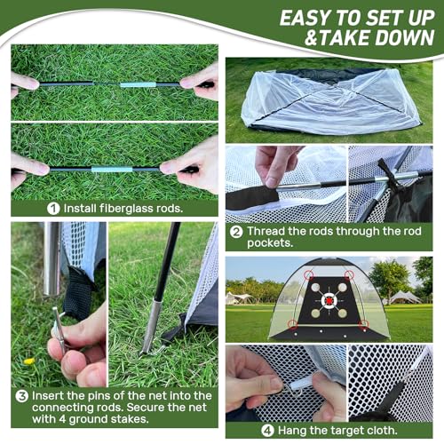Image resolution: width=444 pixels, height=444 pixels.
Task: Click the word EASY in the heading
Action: pyautogui.click(x=303, y=18)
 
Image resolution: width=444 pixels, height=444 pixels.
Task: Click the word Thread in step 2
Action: pyautogui.click(x=266, y=233)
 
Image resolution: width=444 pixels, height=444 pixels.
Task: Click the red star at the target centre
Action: pyautogui.click(x=329, y=300)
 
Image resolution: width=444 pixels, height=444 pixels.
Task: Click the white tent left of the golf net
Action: pyautogui.click(x=242, y=296)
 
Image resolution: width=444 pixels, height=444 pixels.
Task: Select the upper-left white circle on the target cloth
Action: pyautogui.click(x=315, y=287)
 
